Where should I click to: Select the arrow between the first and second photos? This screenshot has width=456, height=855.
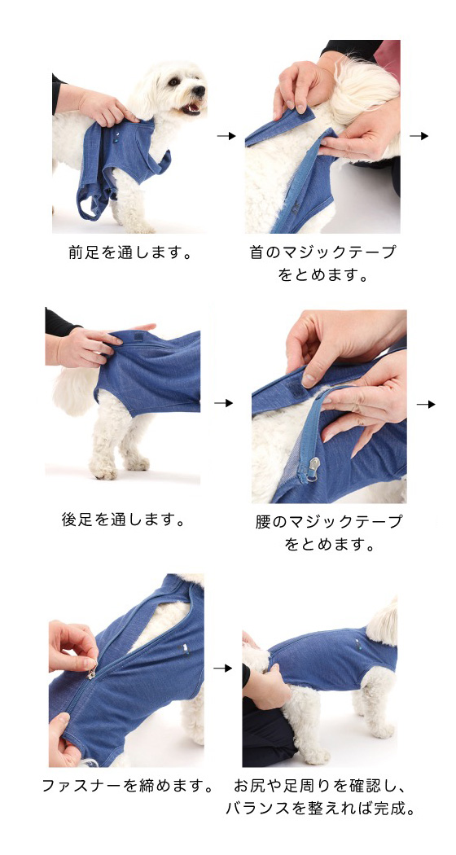click(x=226, y=136)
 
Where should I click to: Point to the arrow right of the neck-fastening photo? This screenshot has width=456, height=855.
click(x=419, y=136)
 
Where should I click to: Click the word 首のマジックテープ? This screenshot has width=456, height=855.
click(x=322, y=252)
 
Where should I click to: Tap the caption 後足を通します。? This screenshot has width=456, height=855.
click(x=123, y=520)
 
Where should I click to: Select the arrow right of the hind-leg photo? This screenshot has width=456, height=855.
click(x=224, y=403)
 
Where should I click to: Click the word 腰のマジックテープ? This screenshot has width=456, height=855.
click(x=328, y=522)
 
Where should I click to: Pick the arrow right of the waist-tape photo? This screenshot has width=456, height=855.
click(x=426, y=404)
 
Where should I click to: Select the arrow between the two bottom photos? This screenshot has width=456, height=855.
click(x=222, y=668)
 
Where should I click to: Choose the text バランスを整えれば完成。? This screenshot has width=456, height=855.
click(x=321, y=809)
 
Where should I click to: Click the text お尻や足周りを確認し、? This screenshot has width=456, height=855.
click(x=320, y=786)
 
